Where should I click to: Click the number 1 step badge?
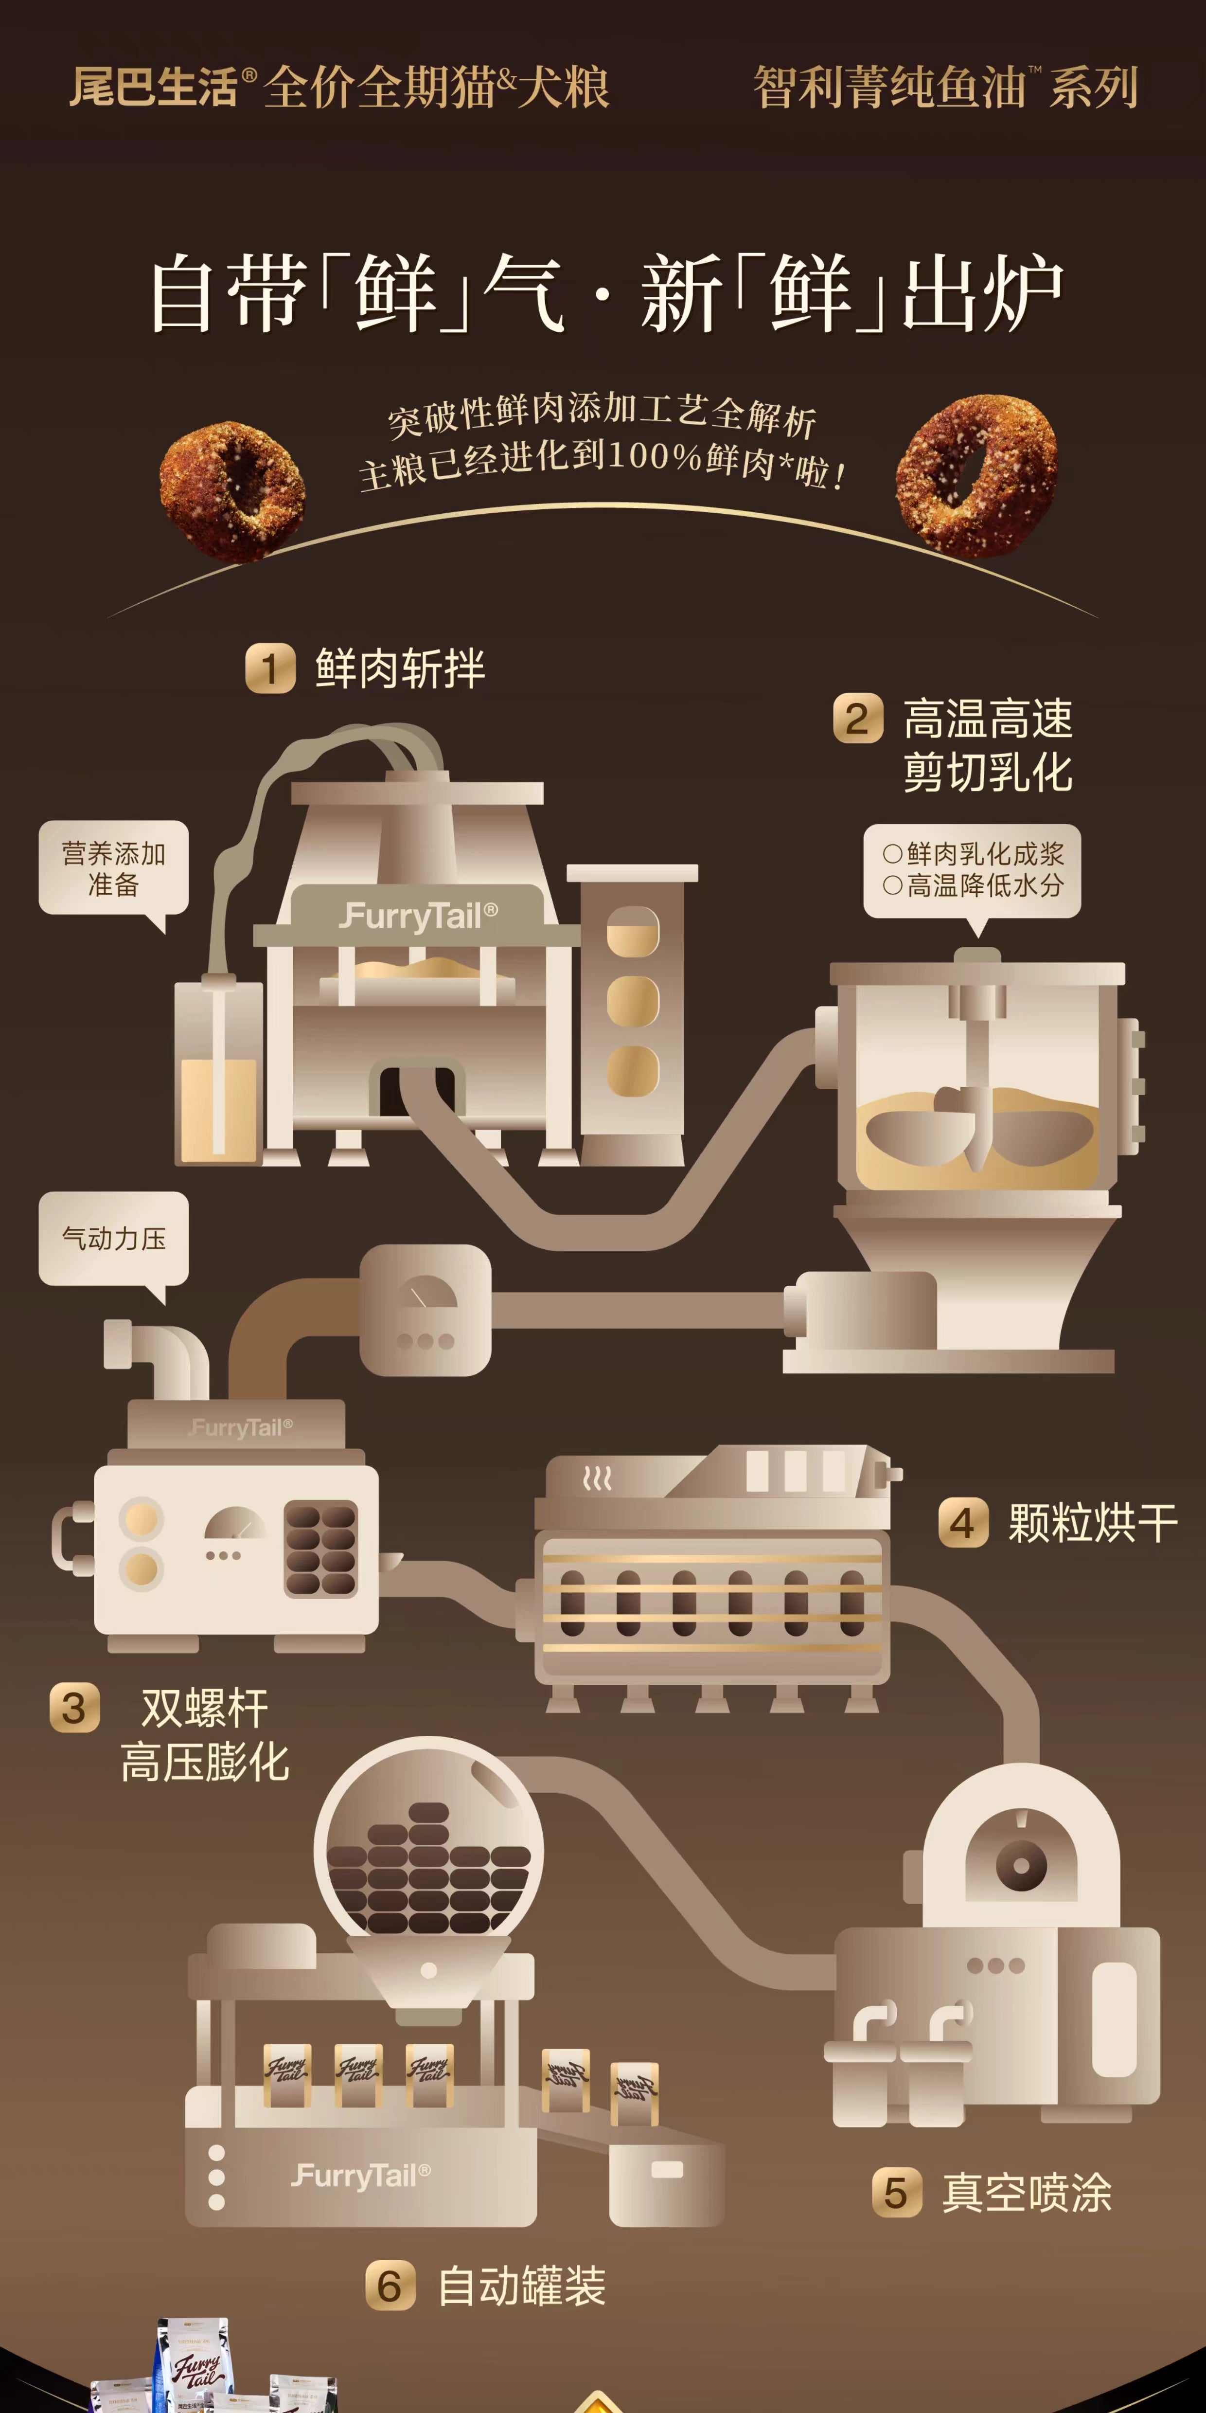(x=270, y=669)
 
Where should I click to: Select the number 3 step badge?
(x=74, y=1708)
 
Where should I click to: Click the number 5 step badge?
(x=896, y=2193)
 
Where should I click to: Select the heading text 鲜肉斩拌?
(x=400, y=669)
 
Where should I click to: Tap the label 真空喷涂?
(x=1027, y=2193)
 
